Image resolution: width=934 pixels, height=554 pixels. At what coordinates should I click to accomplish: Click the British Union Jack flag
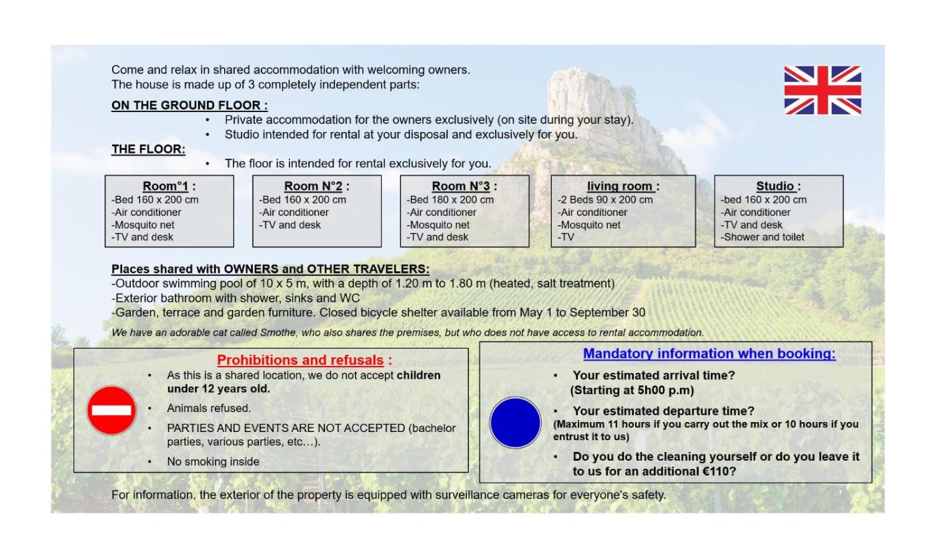[x=823, y=90]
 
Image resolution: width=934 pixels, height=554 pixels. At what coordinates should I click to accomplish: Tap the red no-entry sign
[x=111, y=410]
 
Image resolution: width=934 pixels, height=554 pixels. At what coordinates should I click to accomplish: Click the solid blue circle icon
[x=515, y=423]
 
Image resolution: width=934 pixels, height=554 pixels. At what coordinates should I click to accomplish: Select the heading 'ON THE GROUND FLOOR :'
[x=189, y=105]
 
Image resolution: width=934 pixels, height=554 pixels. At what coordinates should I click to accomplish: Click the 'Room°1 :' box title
[x=169, y=186]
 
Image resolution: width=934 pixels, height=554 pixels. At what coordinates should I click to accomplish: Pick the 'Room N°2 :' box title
[x=316, y=186]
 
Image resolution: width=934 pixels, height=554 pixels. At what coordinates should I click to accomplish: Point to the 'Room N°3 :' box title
[x=464, y=186]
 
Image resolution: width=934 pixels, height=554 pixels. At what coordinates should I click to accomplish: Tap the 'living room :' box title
[x=623, y=186]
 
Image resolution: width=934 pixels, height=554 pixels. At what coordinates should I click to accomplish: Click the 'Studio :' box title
[x=779, y=186]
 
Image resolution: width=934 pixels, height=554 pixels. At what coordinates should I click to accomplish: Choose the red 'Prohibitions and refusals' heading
[x=304, y=361]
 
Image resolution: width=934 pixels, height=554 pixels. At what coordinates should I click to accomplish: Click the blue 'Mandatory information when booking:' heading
[x=709, y=354]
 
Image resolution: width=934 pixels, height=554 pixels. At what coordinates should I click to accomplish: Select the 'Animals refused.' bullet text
[x=209, y=408]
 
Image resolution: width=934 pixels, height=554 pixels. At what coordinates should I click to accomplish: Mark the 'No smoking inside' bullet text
[x=213, y=461]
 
